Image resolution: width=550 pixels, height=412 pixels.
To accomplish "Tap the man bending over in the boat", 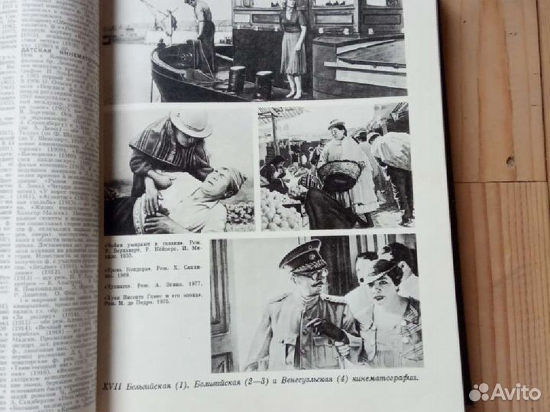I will tap(202, 31).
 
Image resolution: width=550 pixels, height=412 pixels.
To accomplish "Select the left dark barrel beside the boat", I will tap(237, 79).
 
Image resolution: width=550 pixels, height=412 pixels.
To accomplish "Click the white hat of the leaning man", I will tap(190, 122).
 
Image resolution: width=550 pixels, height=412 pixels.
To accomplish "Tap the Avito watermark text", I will tap(516, 392).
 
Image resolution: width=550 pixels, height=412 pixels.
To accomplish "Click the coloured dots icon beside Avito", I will tap(480, 393).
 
